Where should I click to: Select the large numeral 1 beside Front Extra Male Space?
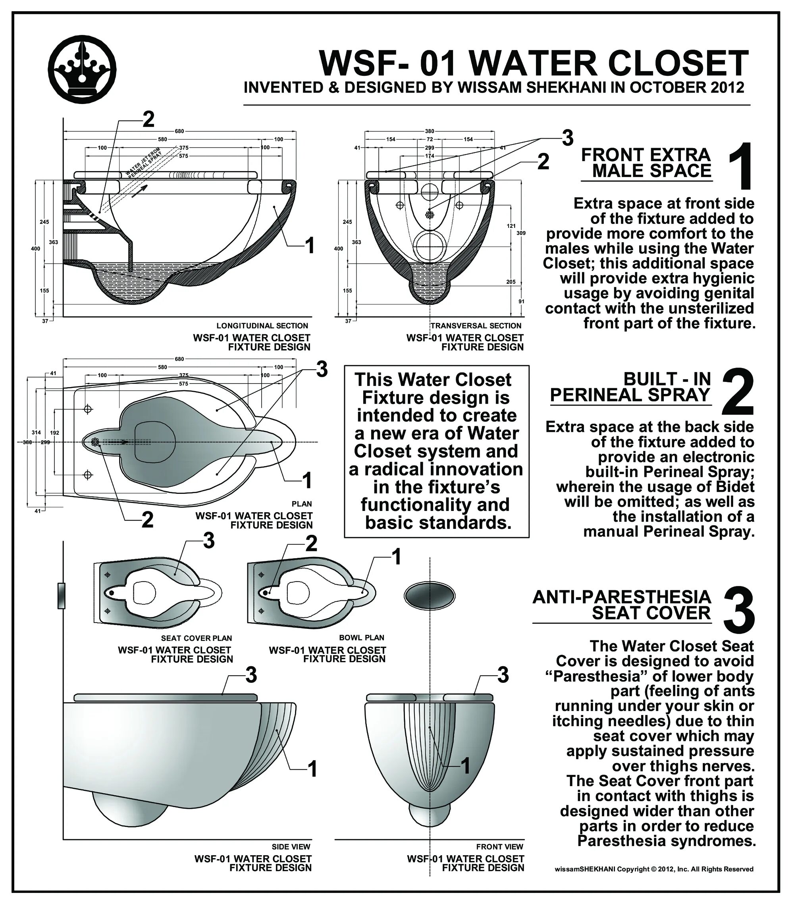(739, 167)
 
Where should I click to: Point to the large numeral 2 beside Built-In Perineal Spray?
(737, 392)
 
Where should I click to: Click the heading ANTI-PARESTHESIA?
(621, 597)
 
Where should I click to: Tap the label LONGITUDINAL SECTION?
(262, 326)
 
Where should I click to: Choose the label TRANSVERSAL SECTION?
(476, 326)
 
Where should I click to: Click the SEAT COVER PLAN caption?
(197, 638)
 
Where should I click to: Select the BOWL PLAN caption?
(361, 638)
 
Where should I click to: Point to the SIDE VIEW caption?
(291, 846)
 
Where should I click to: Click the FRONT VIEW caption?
(499, 846)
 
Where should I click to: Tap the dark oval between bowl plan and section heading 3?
(429, 596)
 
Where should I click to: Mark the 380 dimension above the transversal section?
(430, 131)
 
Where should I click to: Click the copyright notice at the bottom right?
(654, 869)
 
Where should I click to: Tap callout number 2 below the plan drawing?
(147, 520)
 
